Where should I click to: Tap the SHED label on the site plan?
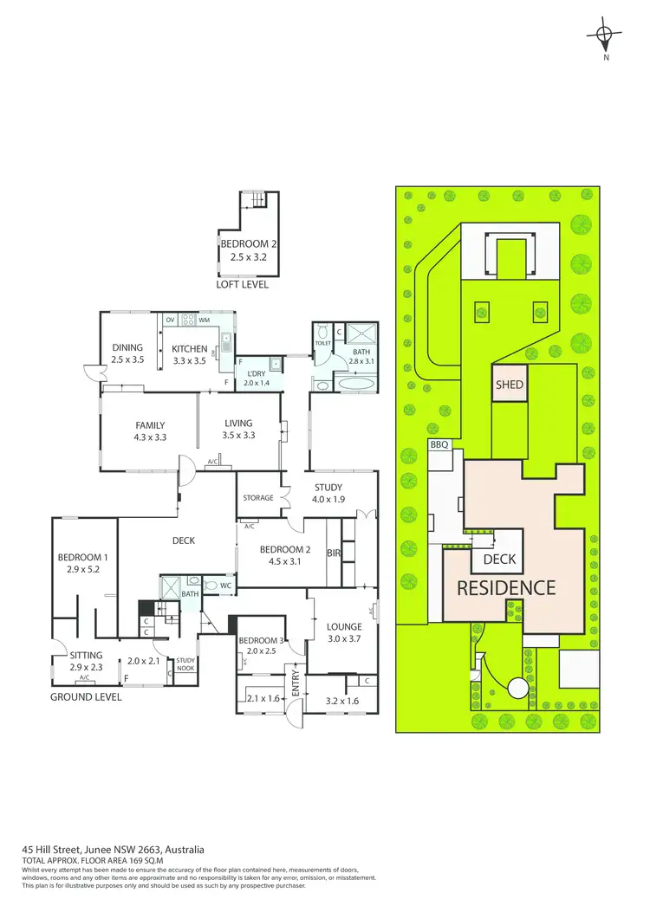[510, 384]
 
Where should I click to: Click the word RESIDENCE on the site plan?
[506, 588]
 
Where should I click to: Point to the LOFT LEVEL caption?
[243, 284]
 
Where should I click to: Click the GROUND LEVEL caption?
[86, 696]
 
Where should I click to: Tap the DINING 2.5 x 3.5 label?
[127, 353]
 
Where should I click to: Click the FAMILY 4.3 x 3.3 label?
[150, 431]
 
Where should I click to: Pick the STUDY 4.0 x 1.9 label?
[328, 493]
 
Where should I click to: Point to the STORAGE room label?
[258, 498]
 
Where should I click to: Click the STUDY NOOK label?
[185, 663]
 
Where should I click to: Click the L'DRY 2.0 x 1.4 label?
[257, 378]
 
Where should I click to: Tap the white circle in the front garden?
[518, 689]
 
